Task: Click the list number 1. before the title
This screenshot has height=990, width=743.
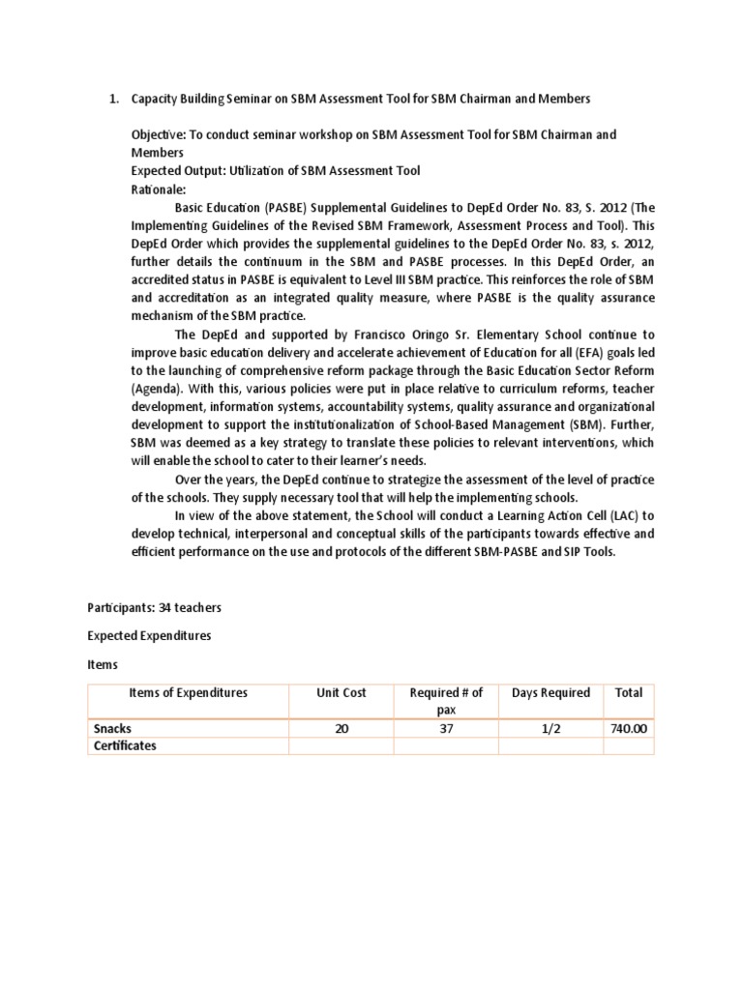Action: click(x=111, y=100)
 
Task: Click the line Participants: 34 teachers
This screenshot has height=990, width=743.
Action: click(x=155, y=607)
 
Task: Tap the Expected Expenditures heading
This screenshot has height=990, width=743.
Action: click(x=149, y=636)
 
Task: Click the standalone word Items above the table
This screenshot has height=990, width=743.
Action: click(x=104, y=665)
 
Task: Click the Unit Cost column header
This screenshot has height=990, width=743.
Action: click(x=341, y=693)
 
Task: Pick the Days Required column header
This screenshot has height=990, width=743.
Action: click(x=550, y=693)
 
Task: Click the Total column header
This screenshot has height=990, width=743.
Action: click(x=628, y=693)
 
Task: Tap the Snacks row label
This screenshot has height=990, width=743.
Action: click(x=115, y=729)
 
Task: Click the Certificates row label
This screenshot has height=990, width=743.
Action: click(x=125, y=746)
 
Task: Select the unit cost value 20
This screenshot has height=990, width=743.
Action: click(x=341, y=729)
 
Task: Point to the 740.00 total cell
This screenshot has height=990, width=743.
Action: click(x=628, y=729)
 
